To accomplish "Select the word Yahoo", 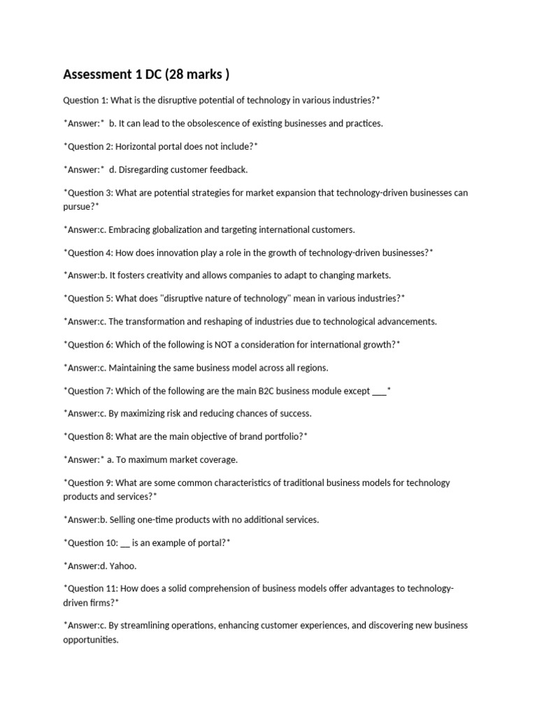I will pyautogui.click(x=124, y=566).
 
